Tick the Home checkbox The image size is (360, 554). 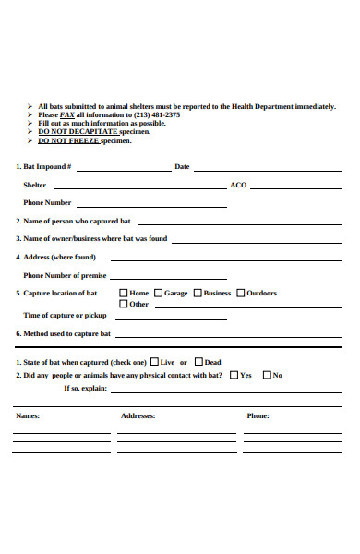[124, 294]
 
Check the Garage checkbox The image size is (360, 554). [158, 294]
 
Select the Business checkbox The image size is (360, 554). [198, 294]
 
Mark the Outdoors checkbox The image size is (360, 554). [241, 294]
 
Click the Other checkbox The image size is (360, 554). [124, 304]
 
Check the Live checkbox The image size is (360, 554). [154, 362]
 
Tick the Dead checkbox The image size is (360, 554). [198, 362]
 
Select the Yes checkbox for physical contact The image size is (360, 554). [233, 375]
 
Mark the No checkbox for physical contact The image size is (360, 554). [267, 375]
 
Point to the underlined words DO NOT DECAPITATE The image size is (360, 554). [78, 132]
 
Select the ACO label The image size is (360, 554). [238, 186]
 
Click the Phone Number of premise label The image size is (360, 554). [65, 275]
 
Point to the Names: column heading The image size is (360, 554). [28, 416]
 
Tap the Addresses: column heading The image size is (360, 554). [138, 416]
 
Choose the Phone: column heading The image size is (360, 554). [258, 416]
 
